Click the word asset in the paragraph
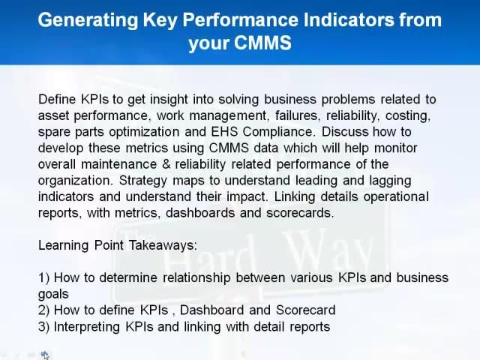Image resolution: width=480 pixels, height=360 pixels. pos(53,115)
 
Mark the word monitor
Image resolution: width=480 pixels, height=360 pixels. pos(394,148)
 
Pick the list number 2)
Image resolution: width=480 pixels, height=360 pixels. pos(44,310)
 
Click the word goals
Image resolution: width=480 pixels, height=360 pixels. pos(53,294)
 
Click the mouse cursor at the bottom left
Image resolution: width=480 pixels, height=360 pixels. pos(44,354)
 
